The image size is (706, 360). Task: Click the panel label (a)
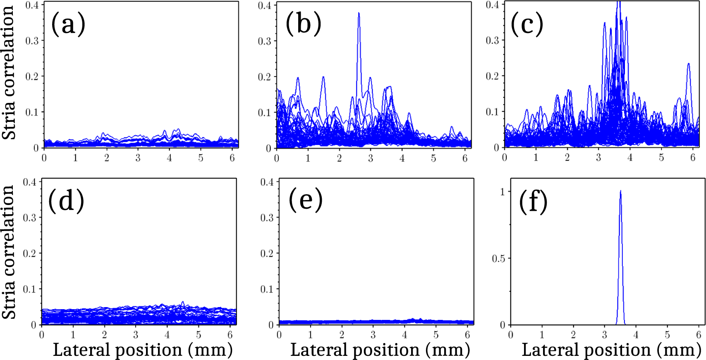(68, 24)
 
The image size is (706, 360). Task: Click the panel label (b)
(303, 24)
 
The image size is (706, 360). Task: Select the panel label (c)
(527, 24)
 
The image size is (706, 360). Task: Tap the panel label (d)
(66, 201)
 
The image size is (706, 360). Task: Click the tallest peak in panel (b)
(359, 13)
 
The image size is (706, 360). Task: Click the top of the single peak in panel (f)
(620, 191)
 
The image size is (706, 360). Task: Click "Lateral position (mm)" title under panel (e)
(380, 350)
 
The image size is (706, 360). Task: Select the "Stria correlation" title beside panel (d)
(9, 252)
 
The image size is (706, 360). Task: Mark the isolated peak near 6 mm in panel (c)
(689, 64)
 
